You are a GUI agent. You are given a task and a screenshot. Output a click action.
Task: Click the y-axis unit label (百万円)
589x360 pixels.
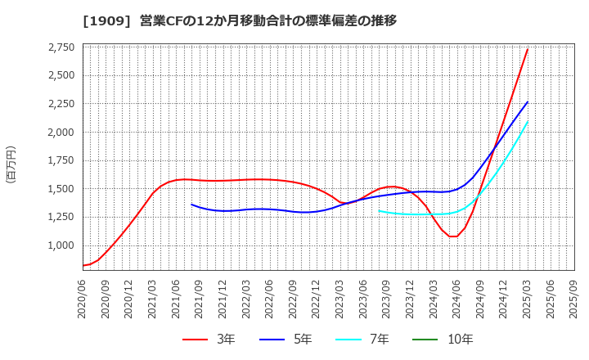click(11, 164)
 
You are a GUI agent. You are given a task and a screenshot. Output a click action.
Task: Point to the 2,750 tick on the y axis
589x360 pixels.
click(58, 47)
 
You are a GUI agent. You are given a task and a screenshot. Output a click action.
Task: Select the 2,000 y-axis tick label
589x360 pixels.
click(58, 133)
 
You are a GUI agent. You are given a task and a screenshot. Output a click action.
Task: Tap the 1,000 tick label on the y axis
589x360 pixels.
click(58, 245)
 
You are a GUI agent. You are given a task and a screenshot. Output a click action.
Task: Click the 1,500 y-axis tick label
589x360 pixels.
click(58, 189)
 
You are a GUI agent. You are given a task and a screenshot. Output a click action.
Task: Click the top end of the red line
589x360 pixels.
click(528, 49)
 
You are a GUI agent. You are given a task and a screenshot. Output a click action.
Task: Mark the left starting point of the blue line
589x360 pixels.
click(191, 205)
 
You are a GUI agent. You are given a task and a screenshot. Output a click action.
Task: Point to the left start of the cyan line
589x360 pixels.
click(379, 211)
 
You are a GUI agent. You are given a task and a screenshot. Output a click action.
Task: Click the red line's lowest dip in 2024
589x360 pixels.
click(453, 236)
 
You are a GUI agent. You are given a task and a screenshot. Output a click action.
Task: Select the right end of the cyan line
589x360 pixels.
click(528, 121)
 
